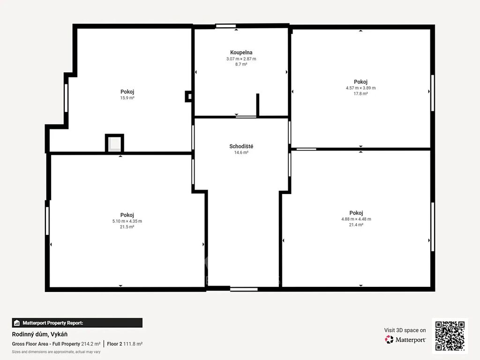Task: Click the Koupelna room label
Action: coord(241,52)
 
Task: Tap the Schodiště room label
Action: coord(241,146)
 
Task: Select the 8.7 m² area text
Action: coord(241,64)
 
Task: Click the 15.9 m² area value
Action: coord(127,98)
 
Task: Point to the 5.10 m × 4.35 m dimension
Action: coord(127,221)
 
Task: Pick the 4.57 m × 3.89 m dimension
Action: coord(360,88)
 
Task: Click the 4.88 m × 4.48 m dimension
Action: coord(356,219)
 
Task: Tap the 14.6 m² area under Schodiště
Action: coord(241,152)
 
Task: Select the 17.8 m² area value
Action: coord(360,94)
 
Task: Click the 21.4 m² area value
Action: coord(356,225)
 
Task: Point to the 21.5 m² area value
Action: coord(127,227)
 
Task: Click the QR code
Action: coord(450,336)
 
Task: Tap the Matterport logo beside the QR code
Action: coord(405,339)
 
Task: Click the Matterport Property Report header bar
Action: coord(77,323)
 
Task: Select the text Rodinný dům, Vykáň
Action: coord(40,334)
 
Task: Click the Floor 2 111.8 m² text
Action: coord(125,344)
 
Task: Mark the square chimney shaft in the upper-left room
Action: coord(114,143)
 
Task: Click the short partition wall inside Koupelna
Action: coord(258,105)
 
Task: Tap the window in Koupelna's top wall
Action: coord(226,26)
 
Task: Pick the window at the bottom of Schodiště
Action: coord(244,289)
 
